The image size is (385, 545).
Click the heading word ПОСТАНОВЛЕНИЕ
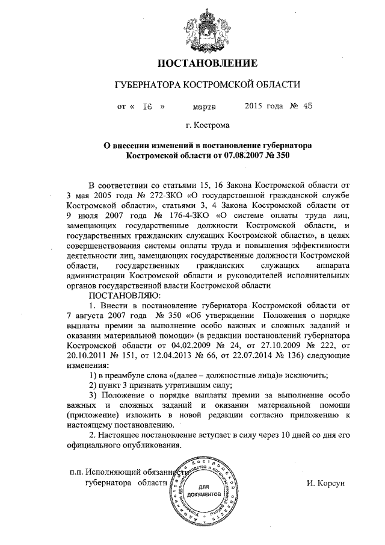coord(208,63)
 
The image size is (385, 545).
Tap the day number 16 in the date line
coord(146,107)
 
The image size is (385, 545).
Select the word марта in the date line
coord(205,107)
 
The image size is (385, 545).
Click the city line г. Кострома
coord(208,126)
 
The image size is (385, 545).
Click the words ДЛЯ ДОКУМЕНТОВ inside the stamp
coord(208,490)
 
